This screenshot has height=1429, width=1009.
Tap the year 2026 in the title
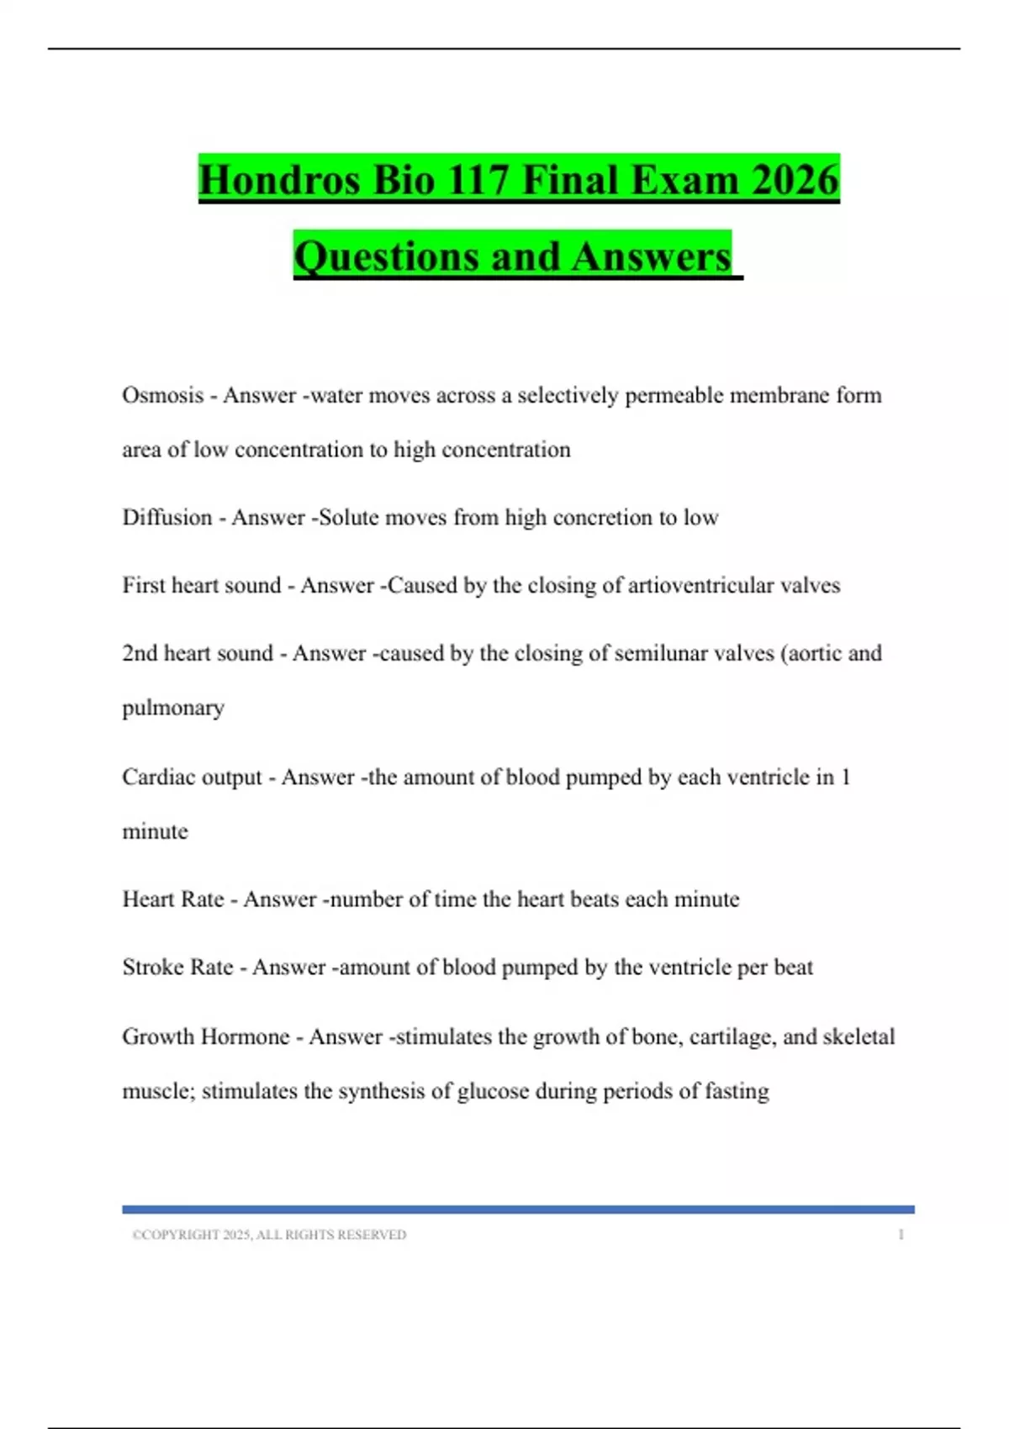(x=795, y=180)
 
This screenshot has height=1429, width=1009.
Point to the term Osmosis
(x=162, y=395)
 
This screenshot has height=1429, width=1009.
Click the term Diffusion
(x=166, y=517)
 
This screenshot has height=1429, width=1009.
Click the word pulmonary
(x=173, y=709)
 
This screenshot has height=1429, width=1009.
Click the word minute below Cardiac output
(x=155, y=831)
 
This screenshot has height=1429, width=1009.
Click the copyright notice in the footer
(x=269, y=1235)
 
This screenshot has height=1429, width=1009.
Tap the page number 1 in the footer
(x=901, y=1235)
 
